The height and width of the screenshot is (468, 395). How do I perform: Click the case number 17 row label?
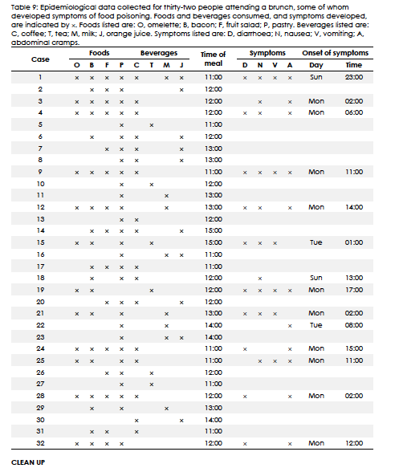pyautogui.click(x=40, y=266)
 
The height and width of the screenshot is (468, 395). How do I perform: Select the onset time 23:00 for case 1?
pyautogui.click(x=353, y=78)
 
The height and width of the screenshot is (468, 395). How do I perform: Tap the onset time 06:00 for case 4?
pyautogui.click(x=353, y=113)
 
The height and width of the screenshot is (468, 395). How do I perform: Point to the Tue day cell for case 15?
pyautogui.click(x=316, y=242)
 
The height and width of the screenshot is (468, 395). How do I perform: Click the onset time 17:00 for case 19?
pyautogui.click(x=353, y=289)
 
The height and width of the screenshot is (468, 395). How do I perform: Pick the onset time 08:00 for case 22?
pyautogui.click(x=353, y=325)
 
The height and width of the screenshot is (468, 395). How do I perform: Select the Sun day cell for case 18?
pyautogui.click(x=316, y=278)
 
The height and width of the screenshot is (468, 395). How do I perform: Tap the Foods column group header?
pyautogui.click(x=100, y=52)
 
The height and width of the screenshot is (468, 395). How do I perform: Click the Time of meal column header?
pyautogui.click(x=214, y=59)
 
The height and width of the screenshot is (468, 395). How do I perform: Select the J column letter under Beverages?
pyautogui.click(x=182, y=64)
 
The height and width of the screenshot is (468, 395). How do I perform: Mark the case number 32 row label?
pyautogui.click(x=40, y=442)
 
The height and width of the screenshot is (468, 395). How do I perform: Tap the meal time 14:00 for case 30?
pyautogui.click(x=214, y=419)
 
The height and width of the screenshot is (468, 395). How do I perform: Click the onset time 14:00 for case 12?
pyautogui.click(x=353, y=207)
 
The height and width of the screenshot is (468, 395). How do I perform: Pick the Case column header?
pyautogui.click(x=40, y=59)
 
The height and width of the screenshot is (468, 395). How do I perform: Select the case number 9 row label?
pyautogui.click(x=40, y=172)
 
